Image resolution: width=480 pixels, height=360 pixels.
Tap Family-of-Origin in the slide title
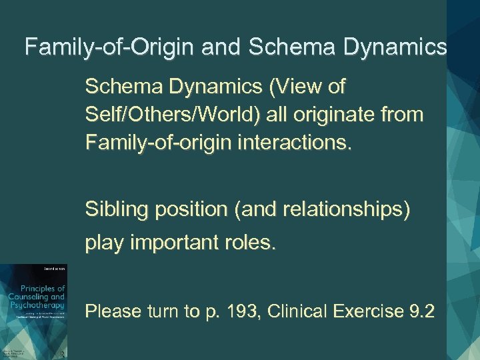point(99,47)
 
